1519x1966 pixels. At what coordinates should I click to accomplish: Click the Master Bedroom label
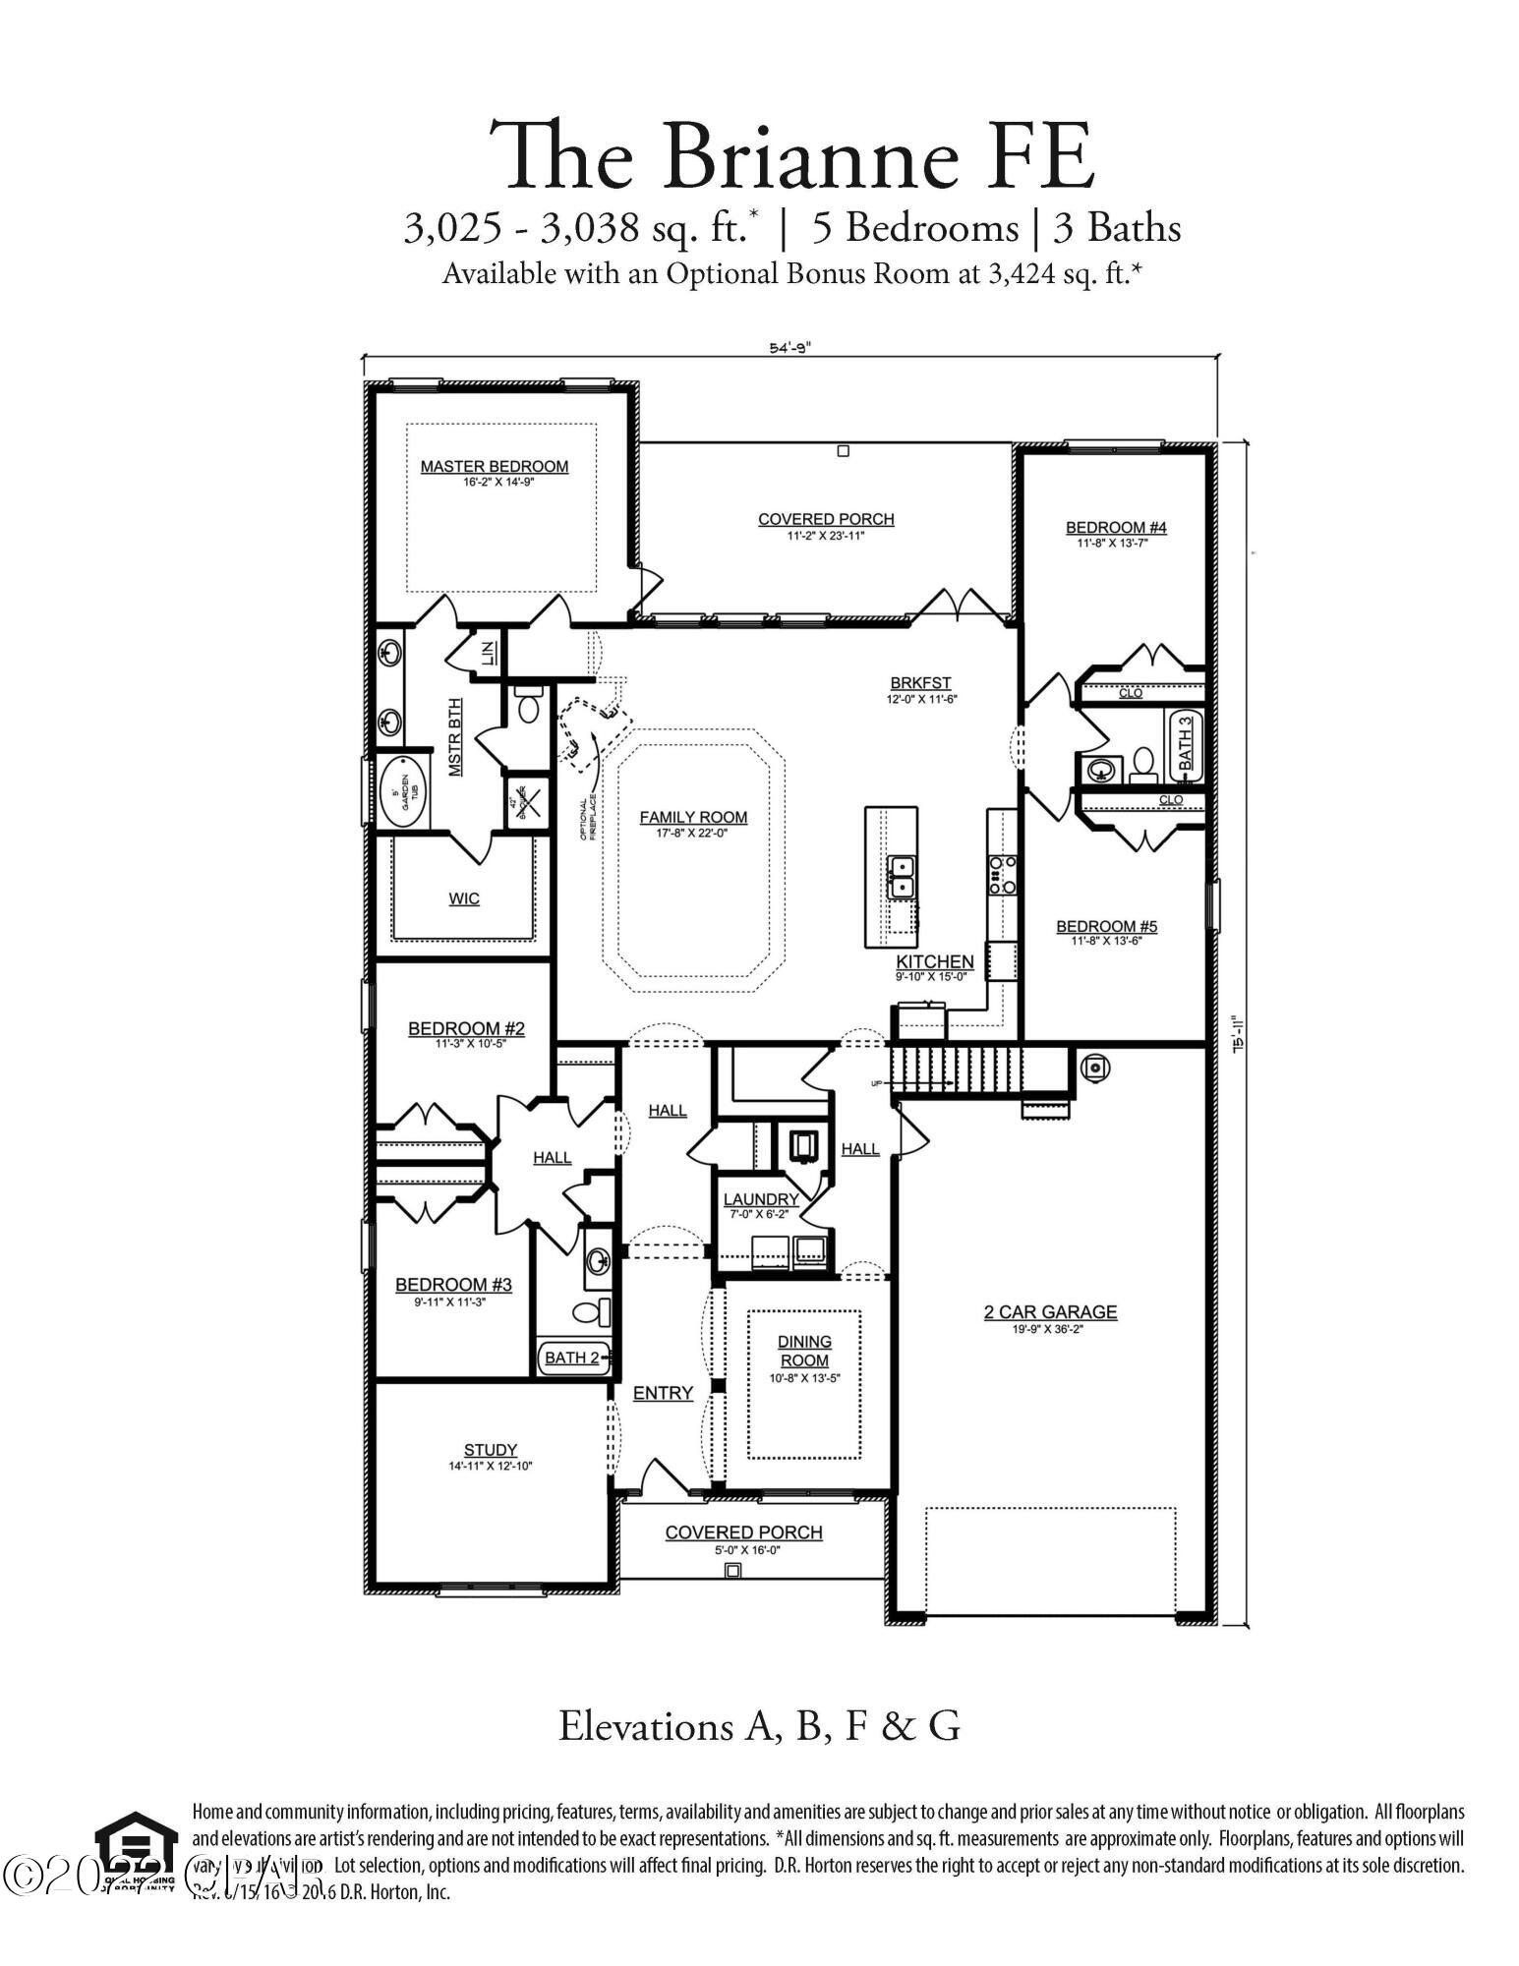point(494,466)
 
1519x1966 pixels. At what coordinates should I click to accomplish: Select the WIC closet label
point(464,898)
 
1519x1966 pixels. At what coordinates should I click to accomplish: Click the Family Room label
point(693,817)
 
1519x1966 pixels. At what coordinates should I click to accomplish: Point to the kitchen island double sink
point(900,876)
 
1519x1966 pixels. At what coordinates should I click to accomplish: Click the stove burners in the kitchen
point(1001,874)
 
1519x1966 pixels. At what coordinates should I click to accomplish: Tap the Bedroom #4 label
point(1116,528)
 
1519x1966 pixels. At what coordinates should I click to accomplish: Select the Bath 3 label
point(1186,743)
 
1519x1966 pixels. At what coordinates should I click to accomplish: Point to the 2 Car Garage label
point(1050,1311)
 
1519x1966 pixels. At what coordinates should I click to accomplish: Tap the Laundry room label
point(760,1199)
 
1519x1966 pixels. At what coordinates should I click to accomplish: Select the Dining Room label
point(804,1351)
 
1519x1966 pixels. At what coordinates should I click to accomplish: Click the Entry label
point(663,1393)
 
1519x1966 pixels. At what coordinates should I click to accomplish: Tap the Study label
point(490,1450)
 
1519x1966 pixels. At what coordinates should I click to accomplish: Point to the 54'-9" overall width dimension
point(789,347)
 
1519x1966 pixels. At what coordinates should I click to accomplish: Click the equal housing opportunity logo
point(136,1852)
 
